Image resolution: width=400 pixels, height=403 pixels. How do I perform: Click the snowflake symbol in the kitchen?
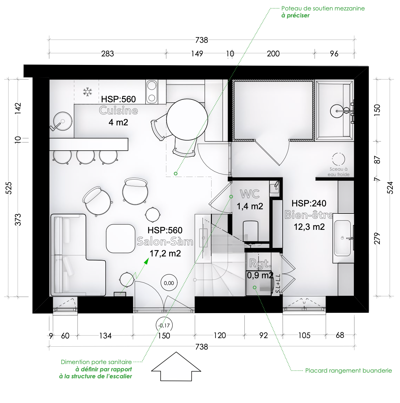tap(88, 91)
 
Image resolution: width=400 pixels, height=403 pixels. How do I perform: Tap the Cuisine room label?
tap(119, 110)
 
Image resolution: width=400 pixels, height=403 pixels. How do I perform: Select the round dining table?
tap(187, 119)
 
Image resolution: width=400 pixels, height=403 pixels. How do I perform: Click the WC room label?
tap(250, 194)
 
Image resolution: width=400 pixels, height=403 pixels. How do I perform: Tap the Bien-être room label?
tap(309, 215)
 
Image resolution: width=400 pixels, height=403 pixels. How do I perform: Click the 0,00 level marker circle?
tap(169, 283)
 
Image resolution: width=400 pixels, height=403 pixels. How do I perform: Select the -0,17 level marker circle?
tap(164, 325)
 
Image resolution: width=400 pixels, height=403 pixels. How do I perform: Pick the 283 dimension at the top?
tap(108, 54)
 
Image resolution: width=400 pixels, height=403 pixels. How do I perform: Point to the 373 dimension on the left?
tap(18, 220)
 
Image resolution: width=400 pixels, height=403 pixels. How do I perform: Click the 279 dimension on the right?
tap(377, 238)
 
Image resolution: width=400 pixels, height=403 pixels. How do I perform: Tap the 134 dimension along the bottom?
tap(105, 336)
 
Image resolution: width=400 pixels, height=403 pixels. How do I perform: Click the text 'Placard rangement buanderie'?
tap(348, 371)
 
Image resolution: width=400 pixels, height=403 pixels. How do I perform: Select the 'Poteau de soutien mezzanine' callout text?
tap(323, 8)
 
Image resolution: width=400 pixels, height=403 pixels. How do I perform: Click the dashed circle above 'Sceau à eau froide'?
tap(338, 159)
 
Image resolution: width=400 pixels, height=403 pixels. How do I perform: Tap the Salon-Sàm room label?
tap(165, 242)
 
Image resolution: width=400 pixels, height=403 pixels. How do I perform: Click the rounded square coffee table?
tap(120, 239)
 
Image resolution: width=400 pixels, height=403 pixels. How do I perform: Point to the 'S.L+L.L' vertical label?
tap(278, 283)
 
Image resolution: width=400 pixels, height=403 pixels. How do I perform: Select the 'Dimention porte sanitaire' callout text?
tap(96, 362)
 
